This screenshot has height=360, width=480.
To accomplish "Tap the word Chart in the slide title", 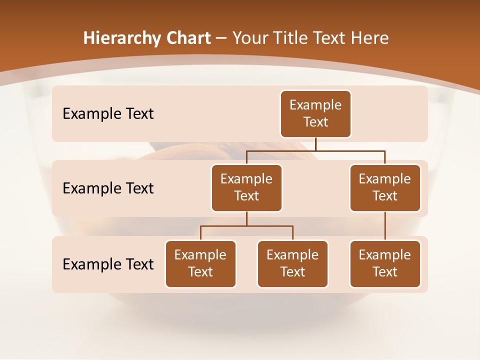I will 188,38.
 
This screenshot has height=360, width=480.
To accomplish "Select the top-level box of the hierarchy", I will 315,114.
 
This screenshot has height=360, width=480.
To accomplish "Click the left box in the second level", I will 246,188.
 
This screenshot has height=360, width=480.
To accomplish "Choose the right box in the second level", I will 385,188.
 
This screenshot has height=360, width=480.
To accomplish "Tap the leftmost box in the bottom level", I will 200,264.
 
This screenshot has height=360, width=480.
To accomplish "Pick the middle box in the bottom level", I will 292,264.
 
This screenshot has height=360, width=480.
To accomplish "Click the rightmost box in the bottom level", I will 385,264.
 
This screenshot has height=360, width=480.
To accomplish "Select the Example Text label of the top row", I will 108,114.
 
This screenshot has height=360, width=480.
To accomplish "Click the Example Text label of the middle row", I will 108,188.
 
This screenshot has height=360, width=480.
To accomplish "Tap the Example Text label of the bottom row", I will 108,264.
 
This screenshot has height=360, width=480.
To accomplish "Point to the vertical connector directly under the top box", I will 315,144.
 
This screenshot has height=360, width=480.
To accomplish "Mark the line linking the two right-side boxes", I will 385,226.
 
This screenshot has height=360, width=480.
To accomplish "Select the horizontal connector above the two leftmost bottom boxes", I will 246,226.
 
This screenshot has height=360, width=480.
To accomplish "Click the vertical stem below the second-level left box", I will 246,218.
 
